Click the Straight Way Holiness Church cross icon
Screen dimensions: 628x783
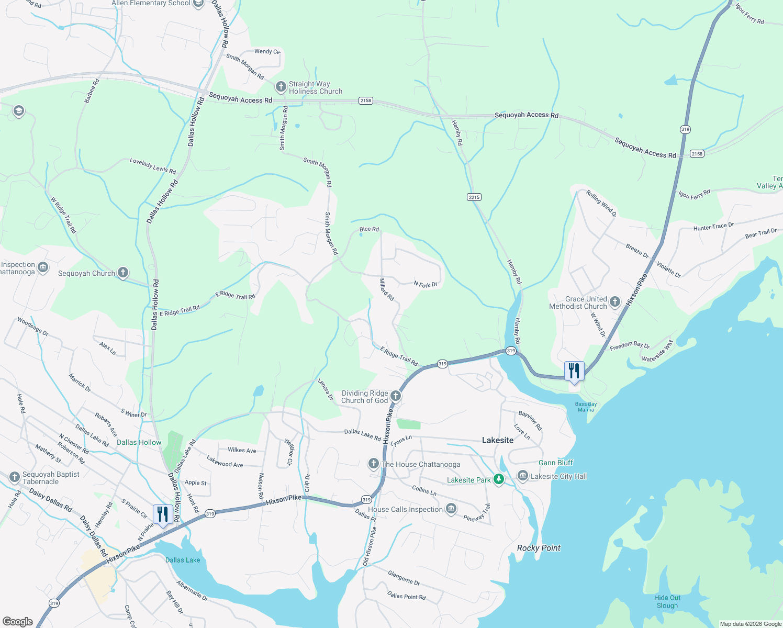point(281,86)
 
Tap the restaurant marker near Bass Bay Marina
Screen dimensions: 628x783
point(574,371)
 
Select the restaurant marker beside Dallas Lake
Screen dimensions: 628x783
point(163,514)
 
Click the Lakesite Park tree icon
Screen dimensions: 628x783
point(499,479)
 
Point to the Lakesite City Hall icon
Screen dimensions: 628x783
point(522,476)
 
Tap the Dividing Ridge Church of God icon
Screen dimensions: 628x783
point(396,396)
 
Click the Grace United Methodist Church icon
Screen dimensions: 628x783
point(615,301)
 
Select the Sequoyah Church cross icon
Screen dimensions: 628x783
point(123,272)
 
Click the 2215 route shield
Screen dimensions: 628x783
point(474,197)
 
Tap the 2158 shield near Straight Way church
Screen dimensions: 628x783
point(365,100)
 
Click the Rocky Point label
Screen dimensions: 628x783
point(539,548)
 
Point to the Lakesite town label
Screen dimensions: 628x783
point(498,440)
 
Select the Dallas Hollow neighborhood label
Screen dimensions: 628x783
point(139,442)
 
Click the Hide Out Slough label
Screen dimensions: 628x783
point(667,601)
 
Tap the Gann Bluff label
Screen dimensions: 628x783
point(556,463)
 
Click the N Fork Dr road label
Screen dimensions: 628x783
point(426,284)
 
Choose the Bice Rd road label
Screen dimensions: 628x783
point(369,229)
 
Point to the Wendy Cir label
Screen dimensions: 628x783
point(267,51)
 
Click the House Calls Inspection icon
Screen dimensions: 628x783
point(451,509)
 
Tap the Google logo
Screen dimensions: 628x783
point(18,621)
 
